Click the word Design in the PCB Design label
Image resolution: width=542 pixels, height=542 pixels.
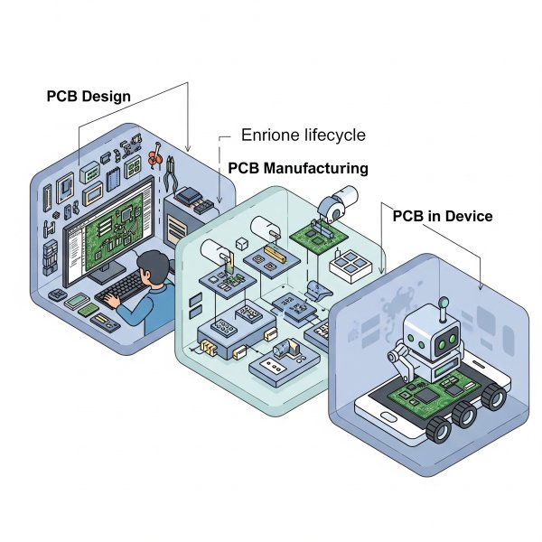pyautogui.click(x=106, y=96)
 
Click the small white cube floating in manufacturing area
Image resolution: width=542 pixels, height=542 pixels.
pyautogui.click(x=242, y=243)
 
